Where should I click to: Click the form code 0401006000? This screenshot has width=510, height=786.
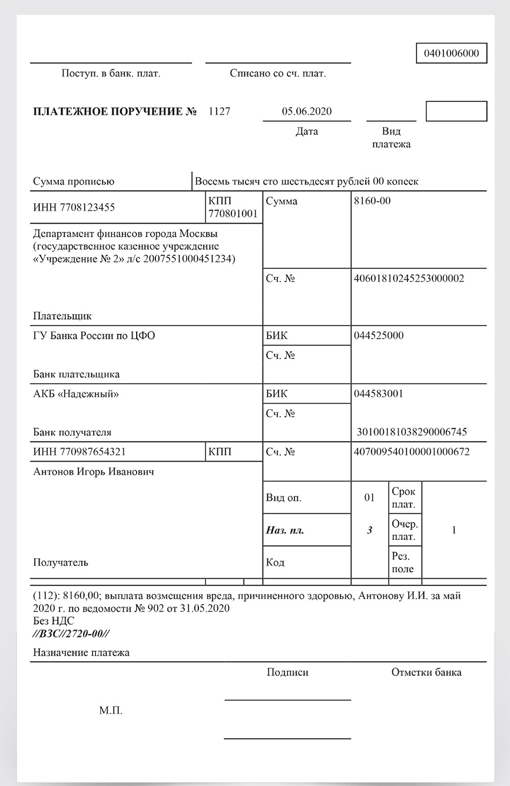point(452,53)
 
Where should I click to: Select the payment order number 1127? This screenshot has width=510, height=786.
point(220,111)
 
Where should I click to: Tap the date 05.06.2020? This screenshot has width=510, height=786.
point(307,111)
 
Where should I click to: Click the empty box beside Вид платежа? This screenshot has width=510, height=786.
point(456,111)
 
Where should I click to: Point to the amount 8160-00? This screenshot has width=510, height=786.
point(372,201)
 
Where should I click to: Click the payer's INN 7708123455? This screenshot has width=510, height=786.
point(74,207)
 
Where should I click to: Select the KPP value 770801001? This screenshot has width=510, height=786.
point(233,214)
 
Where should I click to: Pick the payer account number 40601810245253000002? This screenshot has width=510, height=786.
point(409,278)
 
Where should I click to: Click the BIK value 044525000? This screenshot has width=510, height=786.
point(379,336)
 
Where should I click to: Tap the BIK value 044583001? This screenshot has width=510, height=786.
point(379,394)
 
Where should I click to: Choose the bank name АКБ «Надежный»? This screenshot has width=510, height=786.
point(76,394)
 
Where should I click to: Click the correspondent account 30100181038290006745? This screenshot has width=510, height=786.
point(412,432)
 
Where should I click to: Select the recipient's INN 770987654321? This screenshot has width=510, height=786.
point(80,452)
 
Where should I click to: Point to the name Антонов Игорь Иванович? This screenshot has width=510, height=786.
point(94,472)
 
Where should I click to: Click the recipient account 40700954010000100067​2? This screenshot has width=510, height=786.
point(412,452)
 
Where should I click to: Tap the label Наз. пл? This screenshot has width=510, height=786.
point(285,530)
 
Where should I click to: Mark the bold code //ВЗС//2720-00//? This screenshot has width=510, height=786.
point(71,634)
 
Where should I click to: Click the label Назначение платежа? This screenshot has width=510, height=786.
point(81,652)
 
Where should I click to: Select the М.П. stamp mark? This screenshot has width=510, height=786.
point(111,711)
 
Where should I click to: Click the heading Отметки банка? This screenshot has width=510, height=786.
point(426,672)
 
